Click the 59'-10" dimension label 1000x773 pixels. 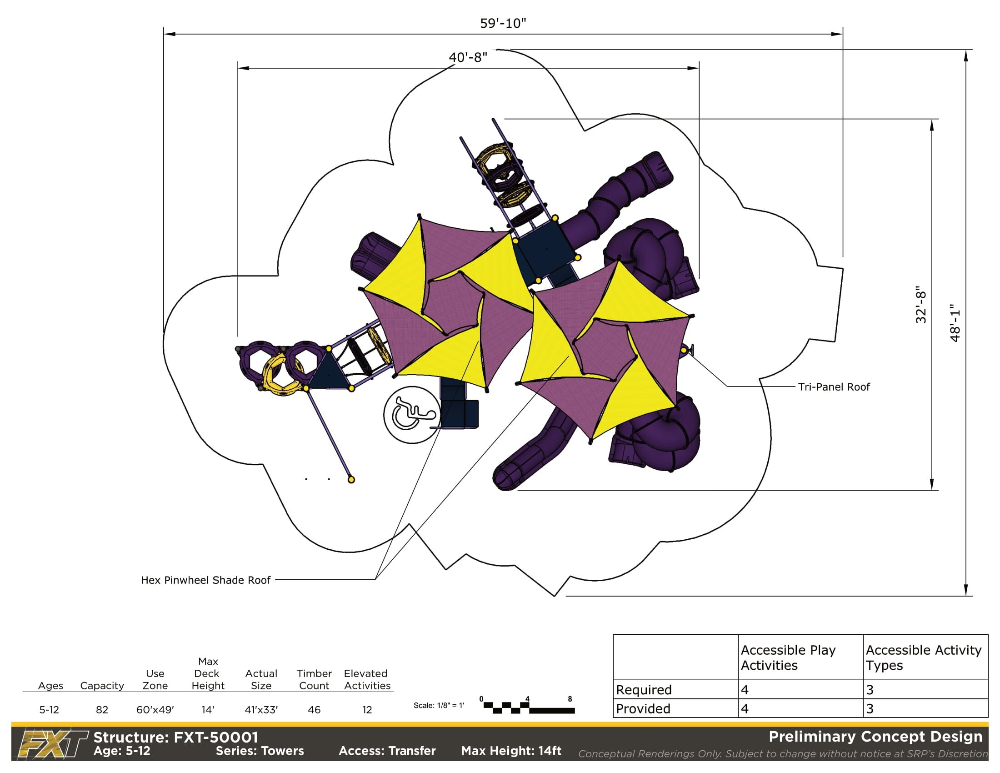tap(503, 23)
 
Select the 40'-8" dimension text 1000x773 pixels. tap(468, 57)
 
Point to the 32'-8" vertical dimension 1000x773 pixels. tap(921, 305)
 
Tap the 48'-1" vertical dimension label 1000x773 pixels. tap(955, 323)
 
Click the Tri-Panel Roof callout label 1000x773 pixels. tap(834, 387)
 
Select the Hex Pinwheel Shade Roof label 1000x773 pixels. tap(205, 580)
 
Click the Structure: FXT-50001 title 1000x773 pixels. tap(176, 737)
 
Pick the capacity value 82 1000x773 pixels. tap(102, 710)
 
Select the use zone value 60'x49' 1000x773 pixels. tap(155, 710)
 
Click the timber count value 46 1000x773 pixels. tap(314, 710)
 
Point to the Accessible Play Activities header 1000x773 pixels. tap(789, 658)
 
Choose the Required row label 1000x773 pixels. tap(644, 690)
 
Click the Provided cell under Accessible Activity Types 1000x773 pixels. tap(870, 709)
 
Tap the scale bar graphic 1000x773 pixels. tap(529, 708)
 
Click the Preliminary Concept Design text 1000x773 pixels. tap(875, 737)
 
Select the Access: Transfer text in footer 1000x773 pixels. tap(387, 751)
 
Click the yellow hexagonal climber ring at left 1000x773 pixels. tap(280, 376)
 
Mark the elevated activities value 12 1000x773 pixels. tap(367, 710)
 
